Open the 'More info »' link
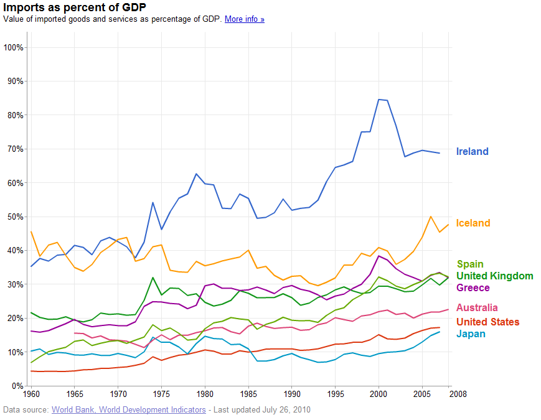click(244, 19)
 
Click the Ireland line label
click(472, 151)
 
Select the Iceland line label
click(473, 223)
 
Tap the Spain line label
click(469, 264)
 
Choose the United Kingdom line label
click(494, 276)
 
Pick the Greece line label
click(473, 287)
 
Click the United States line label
click(487, 322)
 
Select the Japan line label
click(471, 334)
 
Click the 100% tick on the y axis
click(14, 47)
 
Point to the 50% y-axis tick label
click(15, 217)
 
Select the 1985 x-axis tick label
click(248, 394)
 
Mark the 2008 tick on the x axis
click(458, 394)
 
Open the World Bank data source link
click(128, 409)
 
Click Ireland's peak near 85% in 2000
click(379, 100)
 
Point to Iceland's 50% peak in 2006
click(431, 217)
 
